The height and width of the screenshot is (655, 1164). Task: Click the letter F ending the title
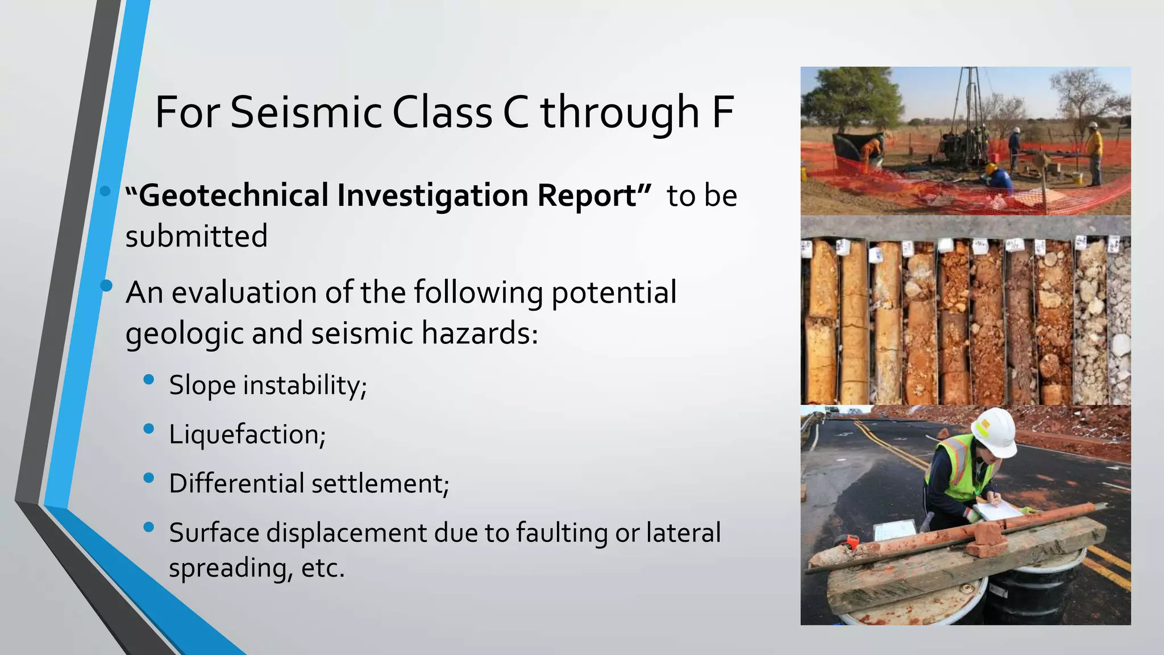tap(722, 113)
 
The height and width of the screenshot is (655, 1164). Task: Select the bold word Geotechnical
tap(234, 196)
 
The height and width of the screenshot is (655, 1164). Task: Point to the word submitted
tap(196, 237)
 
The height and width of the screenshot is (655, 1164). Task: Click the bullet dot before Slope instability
tap(149, 380)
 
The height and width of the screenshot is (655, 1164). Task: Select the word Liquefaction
tap(247, 435)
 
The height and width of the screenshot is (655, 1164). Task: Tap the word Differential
tap(236, 484)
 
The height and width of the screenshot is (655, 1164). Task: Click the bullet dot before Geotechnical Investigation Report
tap(105, 191)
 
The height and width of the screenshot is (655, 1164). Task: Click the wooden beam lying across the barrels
tap(966, 563)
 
